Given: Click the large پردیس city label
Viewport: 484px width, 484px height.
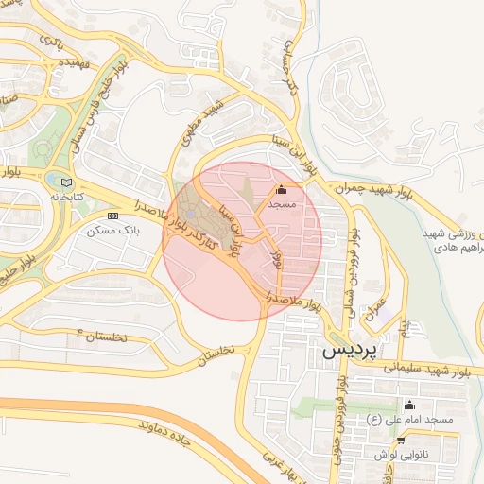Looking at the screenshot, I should [349, 349].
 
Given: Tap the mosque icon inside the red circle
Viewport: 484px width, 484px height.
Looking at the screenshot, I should [282, 187].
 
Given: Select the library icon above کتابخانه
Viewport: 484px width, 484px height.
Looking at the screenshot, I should [65, 182].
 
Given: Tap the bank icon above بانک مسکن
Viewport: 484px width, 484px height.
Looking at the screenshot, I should [113, 216].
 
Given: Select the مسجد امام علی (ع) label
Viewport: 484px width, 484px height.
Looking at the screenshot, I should [413, 419].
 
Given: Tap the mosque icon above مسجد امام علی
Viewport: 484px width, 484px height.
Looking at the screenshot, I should [409, 406].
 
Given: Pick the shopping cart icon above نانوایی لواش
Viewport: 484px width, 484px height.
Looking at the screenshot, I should [402, 441].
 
